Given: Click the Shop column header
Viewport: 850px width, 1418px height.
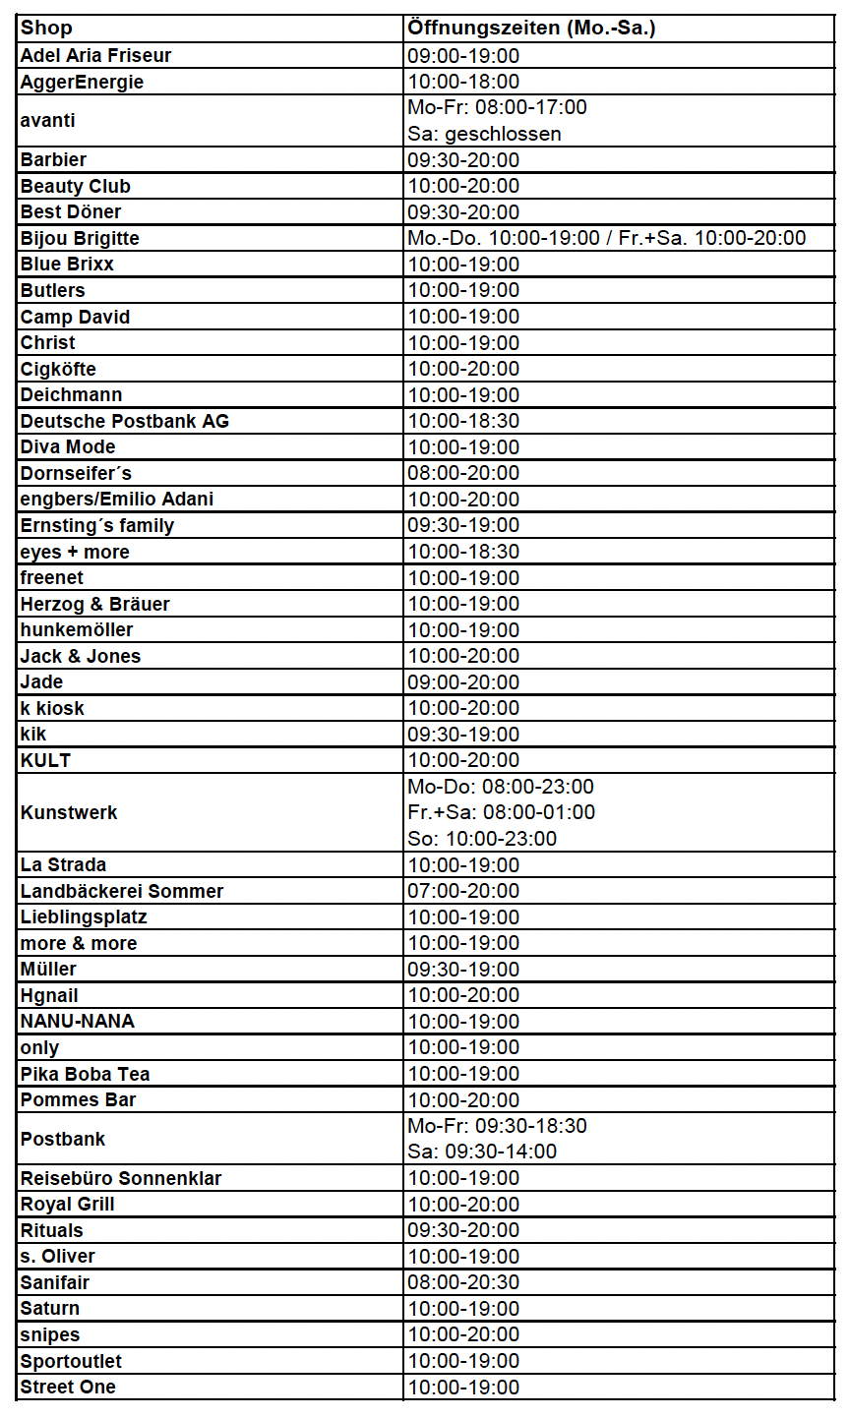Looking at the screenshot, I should (x=46, y=29).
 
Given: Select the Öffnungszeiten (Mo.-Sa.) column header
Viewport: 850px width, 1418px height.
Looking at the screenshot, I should (x=531, y=29).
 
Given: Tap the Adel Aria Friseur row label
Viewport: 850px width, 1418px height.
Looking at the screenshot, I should (x=95, y=55).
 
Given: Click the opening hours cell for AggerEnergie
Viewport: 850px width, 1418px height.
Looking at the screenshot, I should (x=463, y=82).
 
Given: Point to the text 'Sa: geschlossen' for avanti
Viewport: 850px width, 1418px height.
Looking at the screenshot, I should (x=484, y=134).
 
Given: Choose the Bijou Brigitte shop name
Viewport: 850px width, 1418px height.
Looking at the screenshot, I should (x=80, y=238).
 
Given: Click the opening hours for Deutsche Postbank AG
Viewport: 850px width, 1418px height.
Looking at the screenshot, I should (x=463, y=421).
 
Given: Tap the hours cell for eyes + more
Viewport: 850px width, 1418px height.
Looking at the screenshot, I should (x=463, y=552).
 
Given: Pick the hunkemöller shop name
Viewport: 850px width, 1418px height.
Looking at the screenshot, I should (x=77, y=629).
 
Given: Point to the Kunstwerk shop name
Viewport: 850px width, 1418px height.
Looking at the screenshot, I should (x=69, y=812).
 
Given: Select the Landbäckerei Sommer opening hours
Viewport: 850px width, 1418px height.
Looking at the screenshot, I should (x=463, y=891).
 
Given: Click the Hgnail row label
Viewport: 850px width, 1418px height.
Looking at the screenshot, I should (x=49, y=995).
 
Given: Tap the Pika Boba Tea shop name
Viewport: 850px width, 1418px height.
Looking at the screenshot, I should (x=85, y=1074).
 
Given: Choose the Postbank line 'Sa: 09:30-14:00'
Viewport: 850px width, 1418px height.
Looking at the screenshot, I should (x=482, y=1152).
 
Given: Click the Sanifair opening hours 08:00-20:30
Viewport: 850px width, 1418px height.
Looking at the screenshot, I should (x=463, y=1282).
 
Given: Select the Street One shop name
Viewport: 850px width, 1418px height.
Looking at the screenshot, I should (x=68, y=1387).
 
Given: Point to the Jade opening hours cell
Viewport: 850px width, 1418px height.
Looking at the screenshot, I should (x=463, y=681).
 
